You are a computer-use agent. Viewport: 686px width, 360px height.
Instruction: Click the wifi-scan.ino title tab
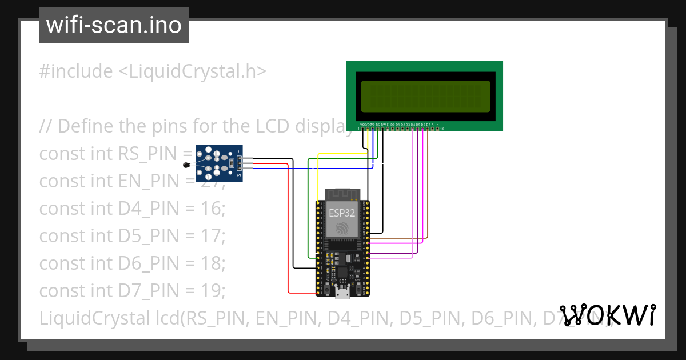coord(113,25)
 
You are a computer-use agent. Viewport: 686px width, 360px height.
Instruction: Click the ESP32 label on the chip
coord(342,213)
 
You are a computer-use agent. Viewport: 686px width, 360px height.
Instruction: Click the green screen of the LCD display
coord(425,96)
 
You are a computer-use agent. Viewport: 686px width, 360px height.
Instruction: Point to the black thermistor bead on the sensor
coord(188,166)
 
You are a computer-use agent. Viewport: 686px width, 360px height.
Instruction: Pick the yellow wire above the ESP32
coord(343,154)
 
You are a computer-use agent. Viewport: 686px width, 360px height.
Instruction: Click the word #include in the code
coord(76,71)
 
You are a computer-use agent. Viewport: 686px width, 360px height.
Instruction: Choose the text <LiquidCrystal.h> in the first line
coord(192,71)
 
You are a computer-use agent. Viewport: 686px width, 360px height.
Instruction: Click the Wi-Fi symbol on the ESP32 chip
coord(342,229)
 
